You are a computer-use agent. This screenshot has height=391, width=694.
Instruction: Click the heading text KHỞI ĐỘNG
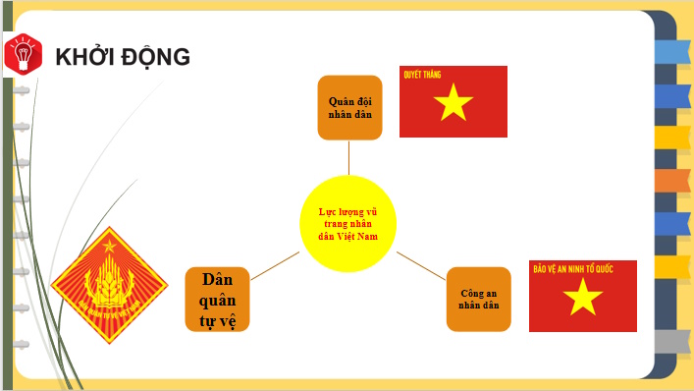(123, 57)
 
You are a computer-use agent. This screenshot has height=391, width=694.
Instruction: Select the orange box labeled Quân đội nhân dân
(349, 108)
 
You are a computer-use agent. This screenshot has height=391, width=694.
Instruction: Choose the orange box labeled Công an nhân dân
(479, 299)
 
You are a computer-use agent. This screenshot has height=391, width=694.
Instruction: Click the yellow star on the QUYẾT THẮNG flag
(453, 102)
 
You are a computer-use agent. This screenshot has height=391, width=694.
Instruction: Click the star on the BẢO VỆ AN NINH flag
(583, 298)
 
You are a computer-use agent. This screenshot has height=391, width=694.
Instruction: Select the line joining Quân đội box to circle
(349, 156)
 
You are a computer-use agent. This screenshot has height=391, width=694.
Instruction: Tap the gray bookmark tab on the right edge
(672, 341)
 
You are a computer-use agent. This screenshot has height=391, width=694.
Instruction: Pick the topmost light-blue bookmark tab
(672, 51)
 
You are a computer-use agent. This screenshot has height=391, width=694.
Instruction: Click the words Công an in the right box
(479, 293)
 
